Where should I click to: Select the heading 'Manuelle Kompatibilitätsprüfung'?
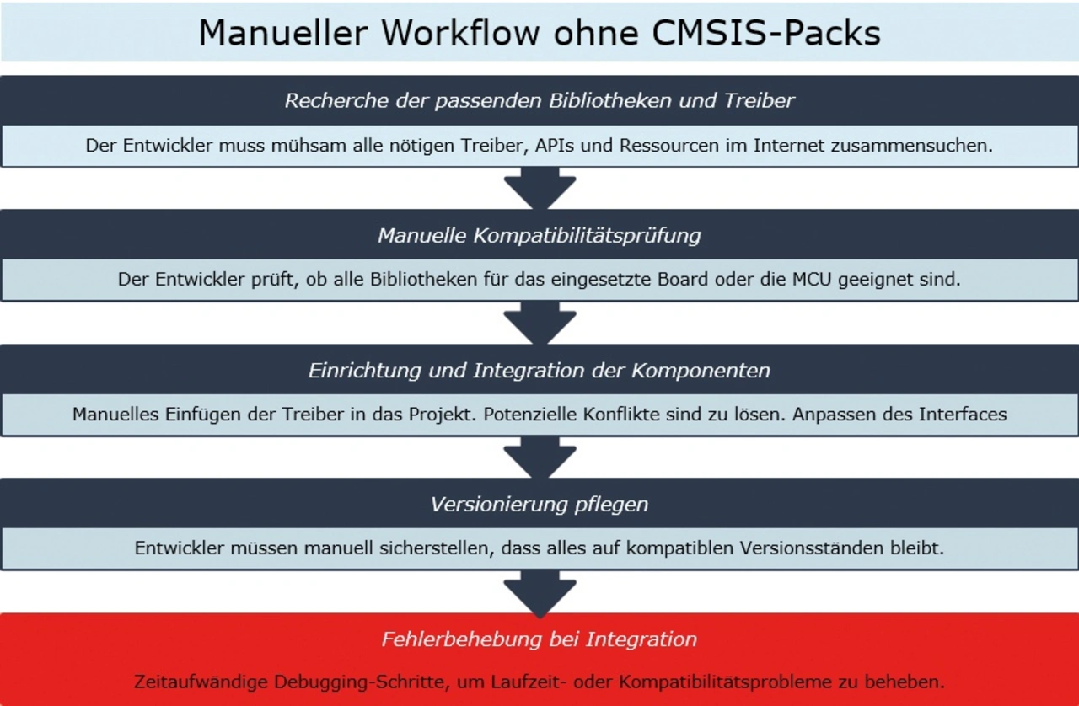539,235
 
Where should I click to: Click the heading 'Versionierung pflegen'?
539,505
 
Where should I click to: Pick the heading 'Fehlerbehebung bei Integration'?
539,639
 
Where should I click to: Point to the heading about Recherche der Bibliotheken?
539,101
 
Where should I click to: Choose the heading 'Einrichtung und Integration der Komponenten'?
539,370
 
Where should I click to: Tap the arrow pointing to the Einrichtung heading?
539,324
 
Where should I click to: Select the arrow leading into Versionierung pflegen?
539,458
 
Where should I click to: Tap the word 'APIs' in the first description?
554,145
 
